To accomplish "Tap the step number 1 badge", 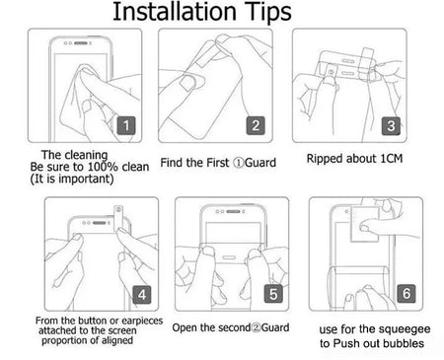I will pyautogui.click(x=126, y=126).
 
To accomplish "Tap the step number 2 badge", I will pyautogui.click(x=255, y=126).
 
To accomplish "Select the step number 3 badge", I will pyautogui.click(x=391, y=126).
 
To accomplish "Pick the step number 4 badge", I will pyautogui.click(x=142, y=294).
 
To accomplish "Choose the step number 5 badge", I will pyautogui.click(x=273, y=294).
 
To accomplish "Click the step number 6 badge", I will pyautogui.click(x=405, y=294).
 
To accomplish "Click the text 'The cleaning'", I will pyautogui.click(x=67, y=155).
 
